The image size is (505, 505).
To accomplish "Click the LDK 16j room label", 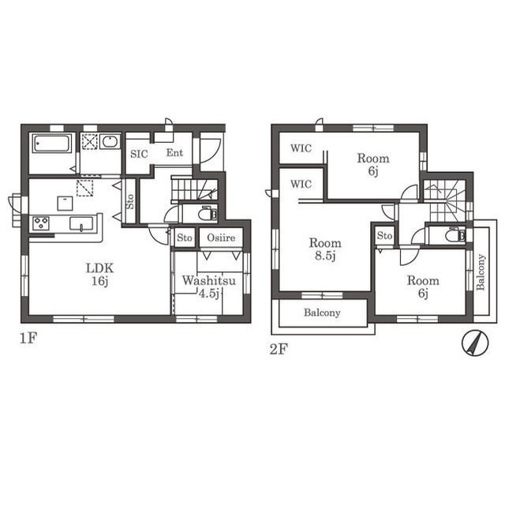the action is click(x=100, y=275).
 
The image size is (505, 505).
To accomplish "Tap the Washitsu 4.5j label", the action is click(x=208, y=286).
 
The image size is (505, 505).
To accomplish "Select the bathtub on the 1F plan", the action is click(x=52, y=144).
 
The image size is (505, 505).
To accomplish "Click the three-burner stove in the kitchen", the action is click(x=41, y=223).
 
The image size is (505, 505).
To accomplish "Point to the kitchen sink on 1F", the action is click(x=81, y=223).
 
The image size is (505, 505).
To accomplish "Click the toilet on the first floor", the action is click(x=208, y=214).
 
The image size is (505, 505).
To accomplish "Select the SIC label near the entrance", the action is click(x=139, y=154).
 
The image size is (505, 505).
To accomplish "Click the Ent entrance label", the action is click(x=174, y=152).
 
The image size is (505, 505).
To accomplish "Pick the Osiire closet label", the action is click(x=221, y=238).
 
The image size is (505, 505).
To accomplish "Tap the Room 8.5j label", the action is click(x=325, y=249).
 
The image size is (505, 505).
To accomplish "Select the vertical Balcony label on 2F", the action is click(x=481, y=272).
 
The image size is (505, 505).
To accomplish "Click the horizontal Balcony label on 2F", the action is click(x=322, y=312).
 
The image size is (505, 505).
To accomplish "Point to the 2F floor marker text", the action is click(x=279, y=349).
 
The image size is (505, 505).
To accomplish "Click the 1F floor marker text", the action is click(x=28, y=339).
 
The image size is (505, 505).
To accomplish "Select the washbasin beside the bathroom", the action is click(x=110, y=141).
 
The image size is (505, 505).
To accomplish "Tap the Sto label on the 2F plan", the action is click(x=384, y=235).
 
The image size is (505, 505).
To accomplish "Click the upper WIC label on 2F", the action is click(x=301, y=148).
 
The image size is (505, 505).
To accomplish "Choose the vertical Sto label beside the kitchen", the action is click(x=130, y=202).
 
